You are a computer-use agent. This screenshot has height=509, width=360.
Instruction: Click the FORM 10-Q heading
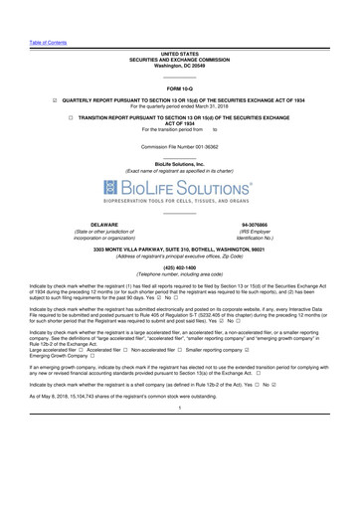click(x=180, y=88)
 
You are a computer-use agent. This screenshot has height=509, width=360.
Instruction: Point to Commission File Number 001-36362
click(x=180, y=146)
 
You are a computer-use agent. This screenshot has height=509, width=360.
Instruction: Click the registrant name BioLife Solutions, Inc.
click(x=180, y=163)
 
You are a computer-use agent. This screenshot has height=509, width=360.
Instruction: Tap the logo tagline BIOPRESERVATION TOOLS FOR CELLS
click(x=180, y=201)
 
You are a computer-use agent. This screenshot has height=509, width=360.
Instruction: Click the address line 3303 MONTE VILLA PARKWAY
click(x=180, y=248)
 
